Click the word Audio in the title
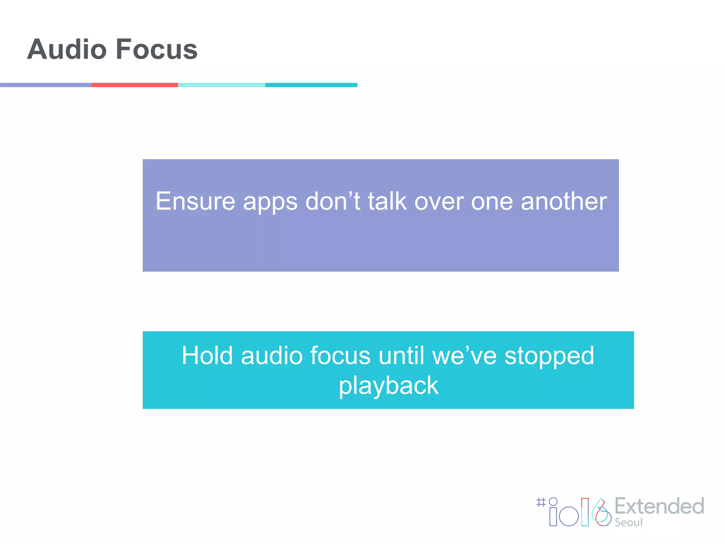(67, 49)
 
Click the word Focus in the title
(156, 49)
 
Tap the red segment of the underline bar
(135, 85)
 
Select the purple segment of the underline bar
(45, 85)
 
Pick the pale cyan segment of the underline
(222, 85)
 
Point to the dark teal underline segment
(311, 85)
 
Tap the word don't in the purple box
(332, 201)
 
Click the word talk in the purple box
(387, 201)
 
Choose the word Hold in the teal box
(207, 355)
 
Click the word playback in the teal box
(388, 386)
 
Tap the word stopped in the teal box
(549, 355)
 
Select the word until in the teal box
(401, 355)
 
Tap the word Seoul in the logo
(628, 522)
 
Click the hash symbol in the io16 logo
(541, 502)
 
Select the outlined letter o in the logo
(569, 516)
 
